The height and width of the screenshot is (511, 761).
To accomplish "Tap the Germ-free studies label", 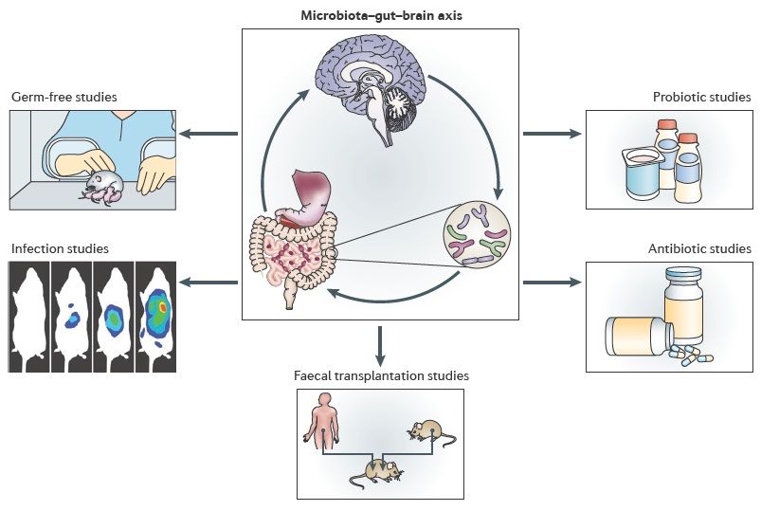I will pyautogui.click(x=60, y=98).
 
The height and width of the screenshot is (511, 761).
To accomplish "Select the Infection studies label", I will pyautogui.click(x=60, y=249).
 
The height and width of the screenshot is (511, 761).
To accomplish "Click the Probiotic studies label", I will pyautogui.click(x=701, y=98).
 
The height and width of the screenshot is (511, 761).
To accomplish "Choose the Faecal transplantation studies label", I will pyautogui.click(x=381, y=376).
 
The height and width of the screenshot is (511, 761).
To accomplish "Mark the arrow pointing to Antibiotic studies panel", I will pyautogui.click(x=552, y=282).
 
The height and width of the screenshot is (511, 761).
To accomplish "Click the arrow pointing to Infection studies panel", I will pyautogui.click(x=208, y=282).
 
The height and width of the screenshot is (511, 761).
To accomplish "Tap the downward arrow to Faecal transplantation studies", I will pyautogui.click(x=380, y=346).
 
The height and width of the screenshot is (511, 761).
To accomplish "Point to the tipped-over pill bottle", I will pyautogui.click(x=640, y=335).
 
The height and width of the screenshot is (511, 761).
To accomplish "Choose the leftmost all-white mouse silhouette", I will pyautogui.click(x=28, y=318).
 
